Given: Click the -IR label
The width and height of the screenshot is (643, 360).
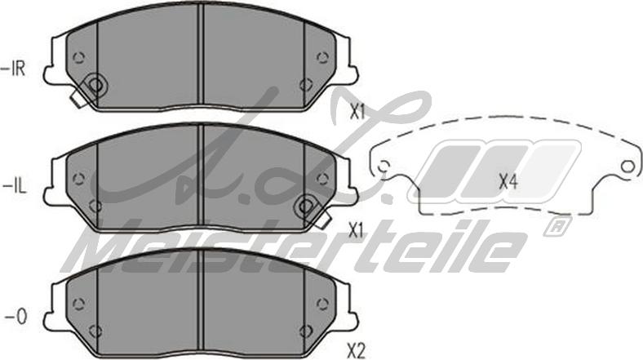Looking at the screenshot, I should (x=15, y=69).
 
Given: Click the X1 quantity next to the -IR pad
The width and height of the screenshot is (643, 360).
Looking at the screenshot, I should (x=356, y=112).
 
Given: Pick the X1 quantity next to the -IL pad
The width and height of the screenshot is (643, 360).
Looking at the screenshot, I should (x=355, y=231).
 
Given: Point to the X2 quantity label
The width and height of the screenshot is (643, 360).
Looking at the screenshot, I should (x=356, y=351).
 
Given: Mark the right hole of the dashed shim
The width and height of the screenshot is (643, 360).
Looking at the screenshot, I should (x=627, y=167).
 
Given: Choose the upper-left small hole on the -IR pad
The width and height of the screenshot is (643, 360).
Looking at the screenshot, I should (x=78, y=57).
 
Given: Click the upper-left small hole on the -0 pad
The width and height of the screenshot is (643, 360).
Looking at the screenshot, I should (x=78, y=303).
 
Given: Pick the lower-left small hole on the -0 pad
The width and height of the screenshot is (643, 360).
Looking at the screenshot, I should (x=95, y=330).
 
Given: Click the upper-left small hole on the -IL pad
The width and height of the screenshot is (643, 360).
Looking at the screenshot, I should (x=78, y=179).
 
